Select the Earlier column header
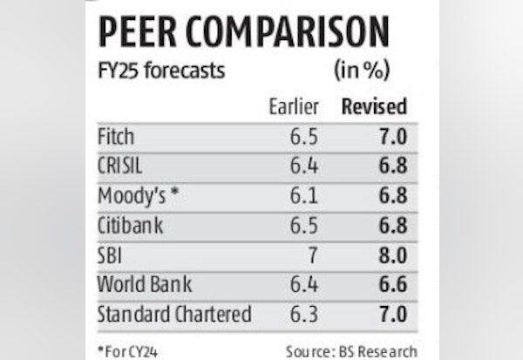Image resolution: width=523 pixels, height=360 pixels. click(295, 106)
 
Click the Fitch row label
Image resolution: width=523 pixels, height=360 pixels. click(118, 136)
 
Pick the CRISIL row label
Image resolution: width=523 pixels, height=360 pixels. click(124, 166)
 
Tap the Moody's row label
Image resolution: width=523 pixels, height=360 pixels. click(137, 194)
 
